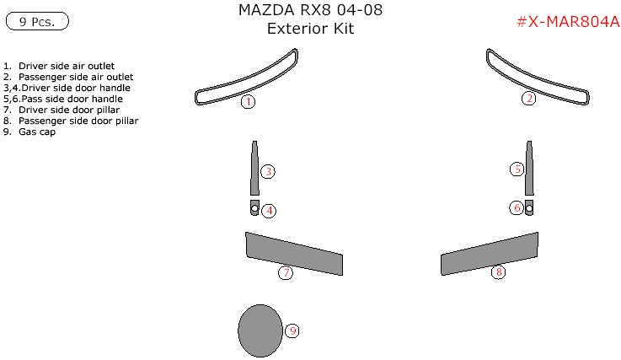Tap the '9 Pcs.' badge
pyautogui.click(x=37, y=22)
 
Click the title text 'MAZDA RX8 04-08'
pyautogui.click(x=310, y=11)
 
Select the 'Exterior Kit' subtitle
pyautogui.click(x=310, y=29)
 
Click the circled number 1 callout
pyautogui.click(x=247, y=102)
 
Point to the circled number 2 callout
pyautogui.click(x=528, y=99)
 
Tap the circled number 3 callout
pyautogui.click(x=268, y=171)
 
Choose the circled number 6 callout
pyautogui.click(x=517, y=207)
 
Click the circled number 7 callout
pyautogui.click(x=286, y=272)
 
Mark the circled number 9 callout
pyautogui.click(x=292, y=330)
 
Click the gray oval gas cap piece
pyautogui.click(x=260, y=330)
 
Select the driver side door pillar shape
pyautogui.click(x=293, y=253)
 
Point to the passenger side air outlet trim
pyautogui.click(x=533, y=80)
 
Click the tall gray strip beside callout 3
pyautogui.click(x=254, y=169)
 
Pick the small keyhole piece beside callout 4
pyautogui.click(x=254, y=208)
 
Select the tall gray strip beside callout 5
pyautogui.click(x=529, y=169)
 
